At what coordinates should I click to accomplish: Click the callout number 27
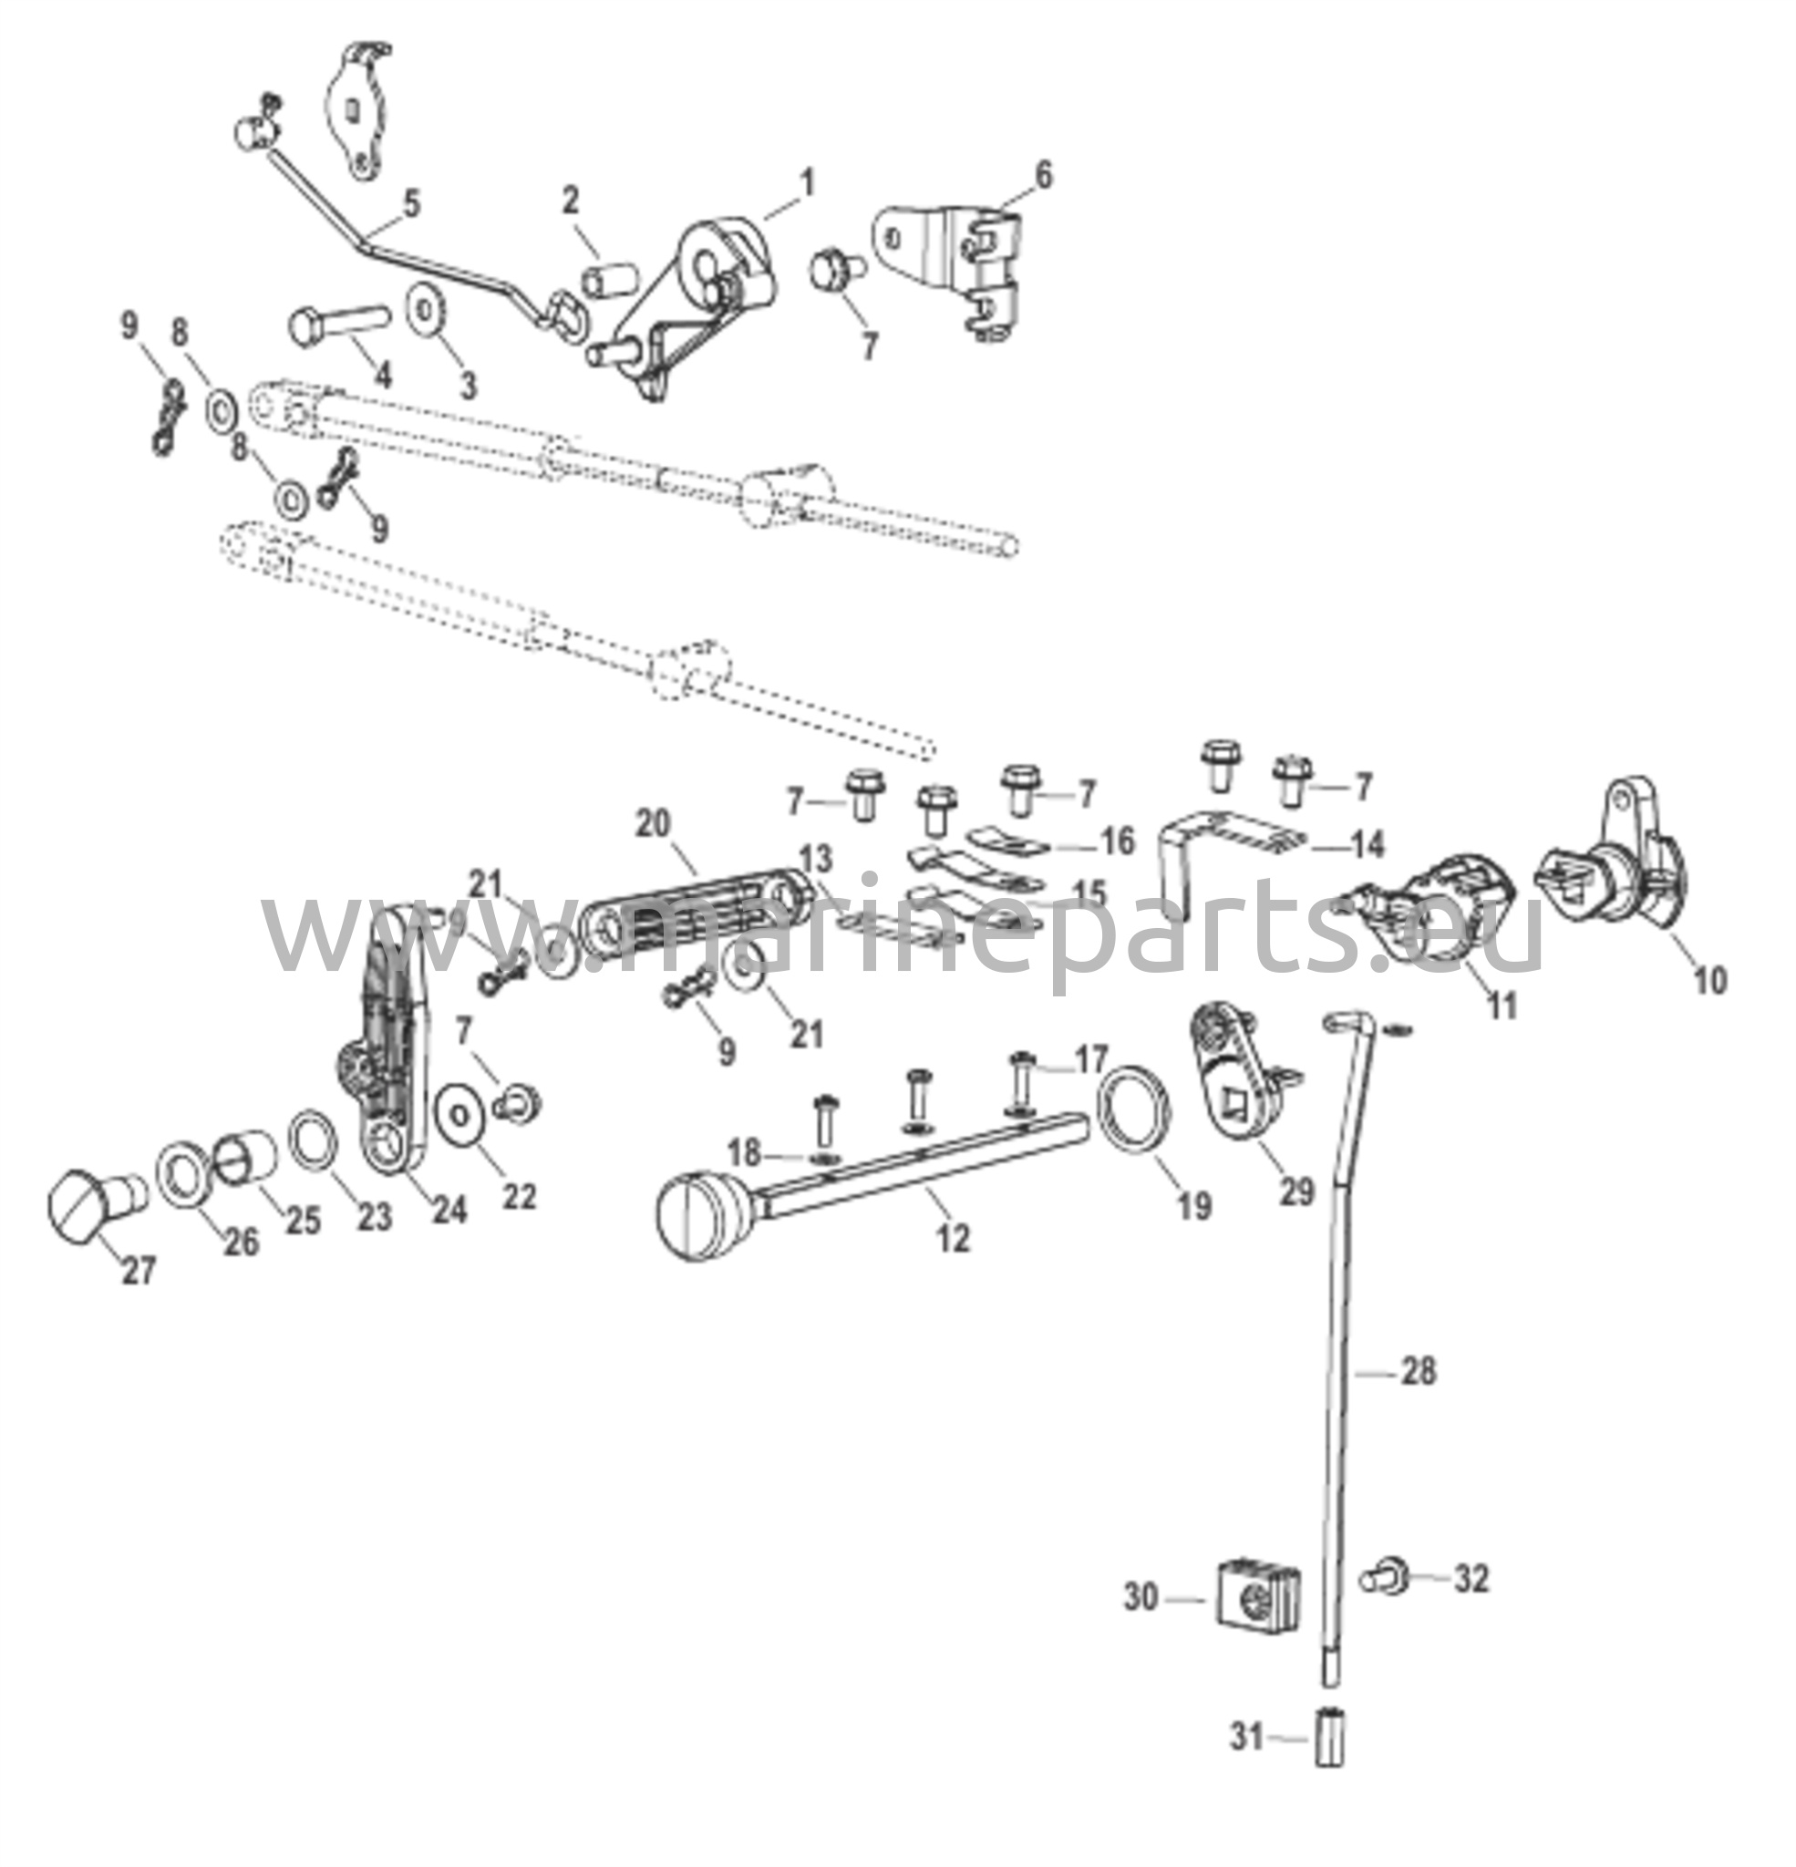139,1270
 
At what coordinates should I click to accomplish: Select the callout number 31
1245,1738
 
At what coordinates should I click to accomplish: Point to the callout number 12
953,1238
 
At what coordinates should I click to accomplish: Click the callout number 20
654,823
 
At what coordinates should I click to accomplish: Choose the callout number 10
1709,980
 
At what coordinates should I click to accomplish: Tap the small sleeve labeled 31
1329,1738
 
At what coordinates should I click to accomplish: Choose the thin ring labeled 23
312,1139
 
